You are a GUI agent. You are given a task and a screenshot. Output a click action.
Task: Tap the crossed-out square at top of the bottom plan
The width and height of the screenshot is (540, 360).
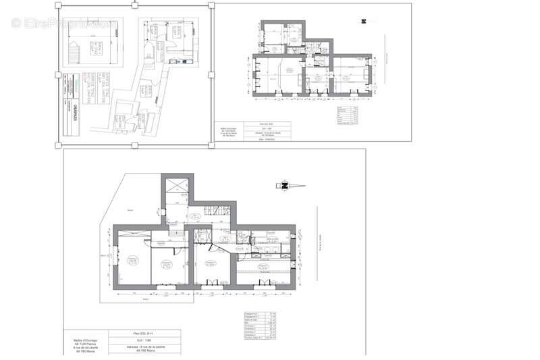coord(177,186)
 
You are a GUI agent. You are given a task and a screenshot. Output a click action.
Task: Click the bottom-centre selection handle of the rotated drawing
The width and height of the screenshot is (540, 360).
coord(135,145)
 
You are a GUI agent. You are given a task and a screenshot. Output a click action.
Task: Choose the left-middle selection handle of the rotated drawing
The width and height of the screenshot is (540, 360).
coord(58,74)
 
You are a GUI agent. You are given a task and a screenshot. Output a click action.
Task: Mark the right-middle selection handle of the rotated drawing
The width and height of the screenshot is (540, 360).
coord(212,74)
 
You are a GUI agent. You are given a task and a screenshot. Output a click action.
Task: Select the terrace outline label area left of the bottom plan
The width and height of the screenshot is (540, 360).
coord(108,270)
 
